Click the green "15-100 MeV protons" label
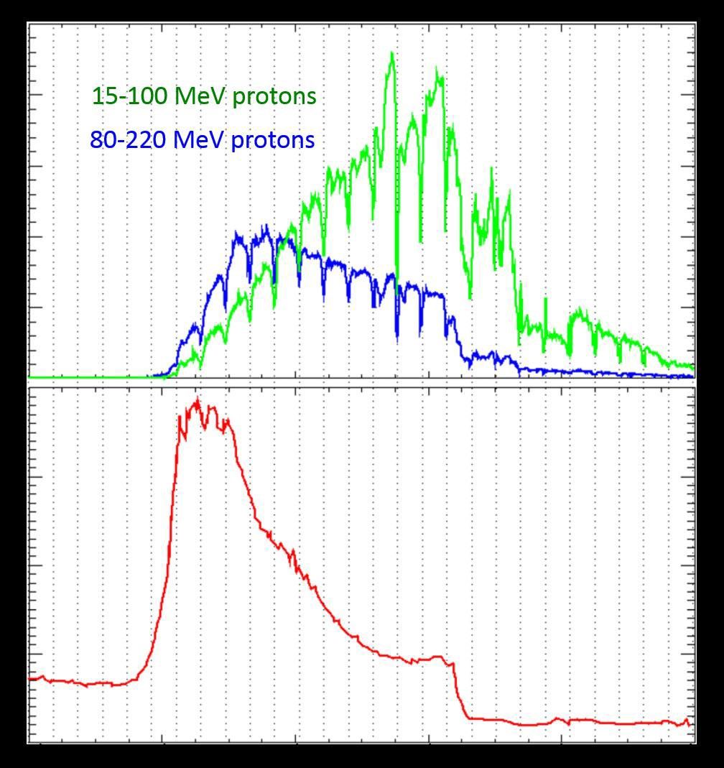click(x=204, y=96)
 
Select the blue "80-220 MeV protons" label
click(x=202, y=139)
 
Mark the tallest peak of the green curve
click(x=391, y=52)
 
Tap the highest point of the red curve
click(x=198, y=399)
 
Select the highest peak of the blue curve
click(x=266, y=226)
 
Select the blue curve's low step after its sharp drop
click(x=492, y=356)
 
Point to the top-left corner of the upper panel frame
click(x=28, y=23)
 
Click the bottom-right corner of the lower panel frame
click(x=695, y=742)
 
